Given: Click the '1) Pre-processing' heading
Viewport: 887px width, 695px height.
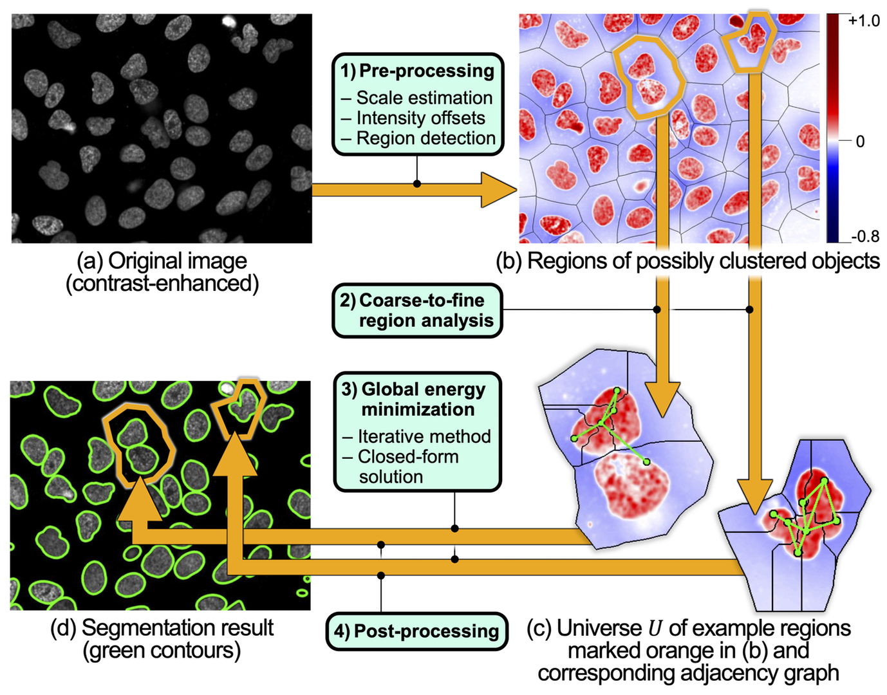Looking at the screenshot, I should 418,71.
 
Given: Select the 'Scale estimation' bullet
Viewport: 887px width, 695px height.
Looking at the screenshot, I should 424,98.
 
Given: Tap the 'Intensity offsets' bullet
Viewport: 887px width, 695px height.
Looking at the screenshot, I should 420,118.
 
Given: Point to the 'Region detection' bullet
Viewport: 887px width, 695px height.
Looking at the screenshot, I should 425,138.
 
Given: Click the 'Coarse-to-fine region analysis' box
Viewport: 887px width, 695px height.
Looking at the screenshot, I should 417,311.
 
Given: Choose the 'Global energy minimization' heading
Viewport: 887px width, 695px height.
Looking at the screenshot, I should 417,399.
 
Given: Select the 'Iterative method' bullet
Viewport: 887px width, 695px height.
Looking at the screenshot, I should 424,436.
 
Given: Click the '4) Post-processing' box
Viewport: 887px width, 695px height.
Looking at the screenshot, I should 417,631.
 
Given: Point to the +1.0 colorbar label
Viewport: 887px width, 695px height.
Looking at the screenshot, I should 864,21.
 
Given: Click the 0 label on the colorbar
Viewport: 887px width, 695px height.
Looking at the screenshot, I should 860,142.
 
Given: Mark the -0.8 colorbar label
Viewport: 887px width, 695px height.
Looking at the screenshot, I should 864,236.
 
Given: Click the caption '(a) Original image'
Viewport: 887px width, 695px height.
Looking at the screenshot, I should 162,261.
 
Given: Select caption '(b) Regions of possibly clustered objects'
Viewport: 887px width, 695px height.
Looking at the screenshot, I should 687,261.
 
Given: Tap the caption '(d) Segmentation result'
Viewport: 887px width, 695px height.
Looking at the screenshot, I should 162,627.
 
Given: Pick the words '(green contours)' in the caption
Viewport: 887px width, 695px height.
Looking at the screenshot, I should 162,651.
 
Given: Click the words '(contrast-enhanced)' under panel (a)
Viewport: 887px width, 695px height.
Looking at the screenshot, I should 162,284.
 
